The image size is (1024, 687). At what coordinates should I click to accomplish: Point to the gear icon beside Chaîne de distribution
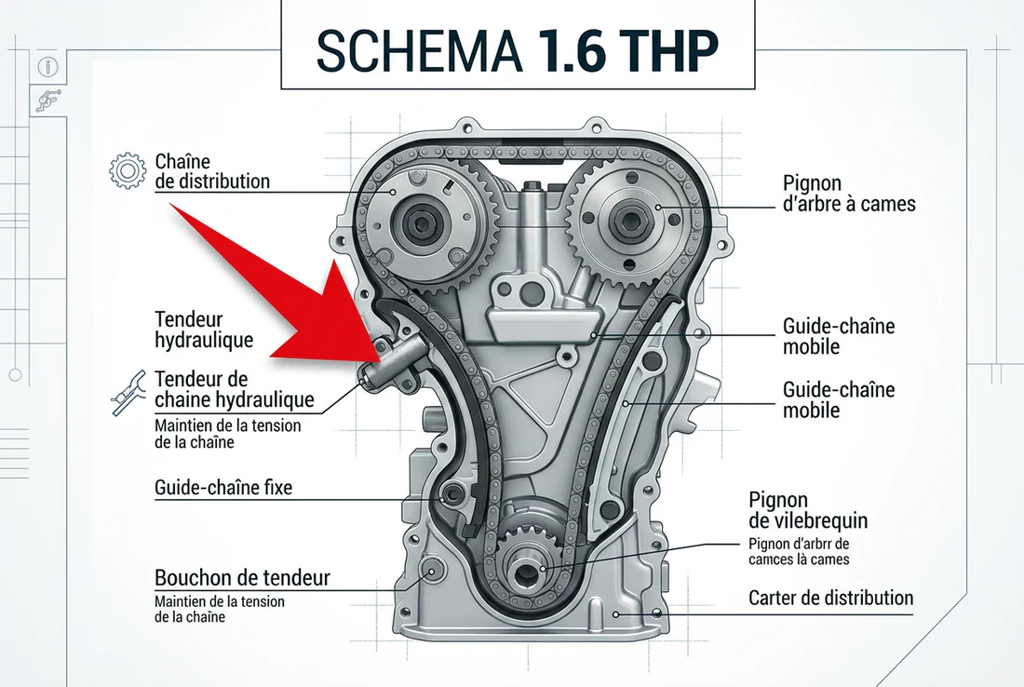click(x=128, y=170)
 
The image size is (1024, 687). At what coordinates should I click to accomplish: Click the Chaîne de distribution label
click(x=212, y=170)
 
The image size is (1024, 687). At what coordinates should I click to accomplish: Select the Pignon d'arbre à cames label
click(x=849, y=193)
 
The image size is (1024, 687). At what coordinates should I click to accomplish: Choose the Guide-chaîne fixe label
click(x=223, y=486)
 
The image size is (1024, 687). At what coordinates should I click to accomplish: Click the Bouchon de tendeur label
click(x=242, y=578)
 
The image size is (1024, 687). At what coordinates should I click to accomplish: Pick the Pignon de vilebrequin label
click(x=807, y=511)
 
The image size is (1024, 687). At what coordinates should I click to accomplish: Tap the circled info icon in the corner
click(x=47, y=67)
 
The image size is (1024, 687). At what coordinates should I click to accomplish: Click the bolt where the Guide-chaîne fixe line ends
click(x=452, y=493)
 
